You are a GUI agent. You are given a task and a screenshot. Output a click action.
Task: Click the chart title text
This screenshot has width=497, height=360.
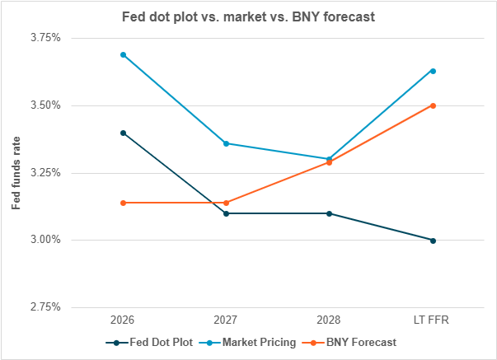[x=248, y=16]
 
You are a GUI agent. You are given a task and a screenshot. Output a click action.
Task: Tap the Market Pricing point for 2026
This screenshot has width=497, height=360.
[x=124, y=54]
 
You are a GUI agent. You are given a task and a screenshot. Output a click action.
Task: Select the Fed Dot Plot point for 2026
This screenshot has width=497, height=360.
[x=124, y=133]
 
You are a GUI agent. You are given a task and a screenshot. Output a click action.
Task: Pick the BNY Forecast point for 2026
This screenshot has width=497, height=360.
[x=124, y=203]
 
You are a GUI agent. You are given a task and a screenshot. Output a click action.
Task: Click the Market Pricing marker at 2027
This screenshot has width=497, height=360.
[x=227, y=143]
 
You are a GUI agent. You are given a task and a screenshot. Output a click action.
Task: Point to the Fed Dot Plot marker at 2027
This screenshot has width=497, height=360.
[x=227, y=213]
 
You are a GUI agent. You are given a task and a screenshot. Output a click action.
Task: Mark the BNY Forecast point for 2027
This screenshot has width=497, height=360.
[x=227, y=203]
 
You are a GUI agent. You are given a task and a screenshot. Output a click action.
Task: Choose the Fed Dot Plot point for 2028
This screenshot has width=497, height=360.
[x=330, y=213]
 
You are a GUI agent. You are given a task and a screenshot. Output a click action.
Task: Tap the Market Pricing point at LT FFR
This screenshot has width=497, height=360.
[x=433, y=71]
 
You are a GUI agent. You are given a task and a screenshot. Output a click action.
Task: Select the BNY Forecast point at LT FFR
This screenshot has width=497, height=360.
[x=433, y=105]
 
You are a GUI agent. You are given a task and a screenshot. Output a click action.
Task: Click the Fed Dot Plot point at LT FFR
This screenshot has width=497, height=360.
[x=433, y=241]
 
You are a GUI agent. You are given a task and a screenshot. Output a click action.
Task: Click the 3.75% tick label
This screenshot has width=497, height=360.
[x=45, y=38]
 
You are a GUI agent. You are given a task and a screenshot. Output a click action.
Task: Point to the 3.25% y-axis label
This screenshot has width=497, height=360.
[x=45, y=173]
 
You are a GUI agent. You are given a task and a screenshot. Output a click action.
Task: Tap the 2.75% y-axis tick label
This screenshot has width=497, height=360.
[x=45, y=307]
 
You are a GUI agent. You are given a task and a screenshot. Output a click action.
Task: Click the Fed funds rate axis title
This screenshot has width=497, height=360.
[x=16, y=172]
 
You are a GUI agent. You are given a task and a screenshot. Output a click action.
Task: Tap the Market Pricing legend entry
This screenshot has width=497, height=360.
[x=248, y=342]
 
